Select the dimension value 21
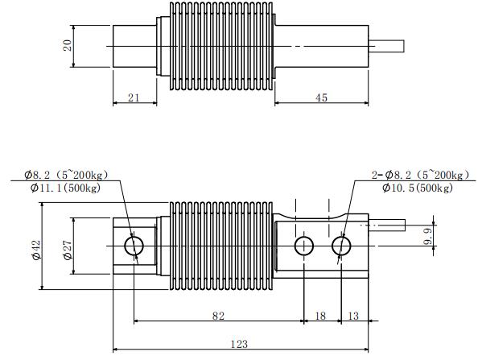[134, 97]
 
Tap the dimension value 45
[321, 97]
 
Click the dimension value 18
[321, 317]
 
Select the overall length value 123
[239, 343]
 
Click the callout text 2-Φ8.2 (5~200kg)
[418, 175]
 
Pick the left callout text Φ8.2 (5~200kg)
[65, 175]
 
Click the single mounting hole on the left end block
[134, 245]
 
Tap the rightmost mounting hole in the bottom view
[340, 245]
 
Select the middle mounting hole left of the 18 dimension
[303, 245]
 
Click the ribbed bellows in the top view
[221, 46]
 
